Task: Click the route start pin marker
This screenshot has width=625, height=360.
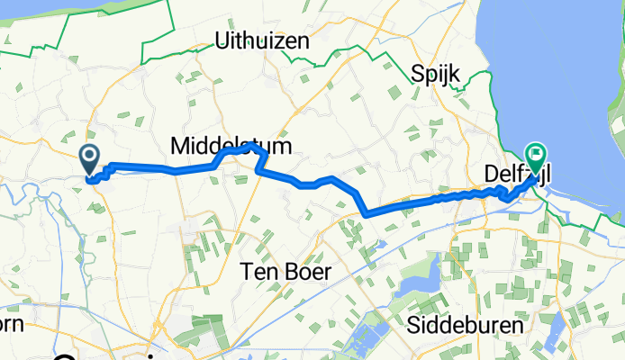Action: [x=91, y=159]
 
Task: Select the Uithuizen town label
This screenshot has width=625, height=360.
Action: [x=262, y=41]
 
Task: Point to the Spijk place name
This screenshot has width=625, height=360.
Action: [x=437, y=73]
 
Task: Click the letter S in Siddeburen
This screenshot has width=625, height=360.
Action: [x=414, y=324]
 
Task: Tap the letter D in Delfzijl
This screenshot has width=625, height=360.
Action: [x=484, y=170]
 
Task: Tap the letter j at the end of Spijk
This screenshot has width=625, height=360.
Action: [x=447, y=74]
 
